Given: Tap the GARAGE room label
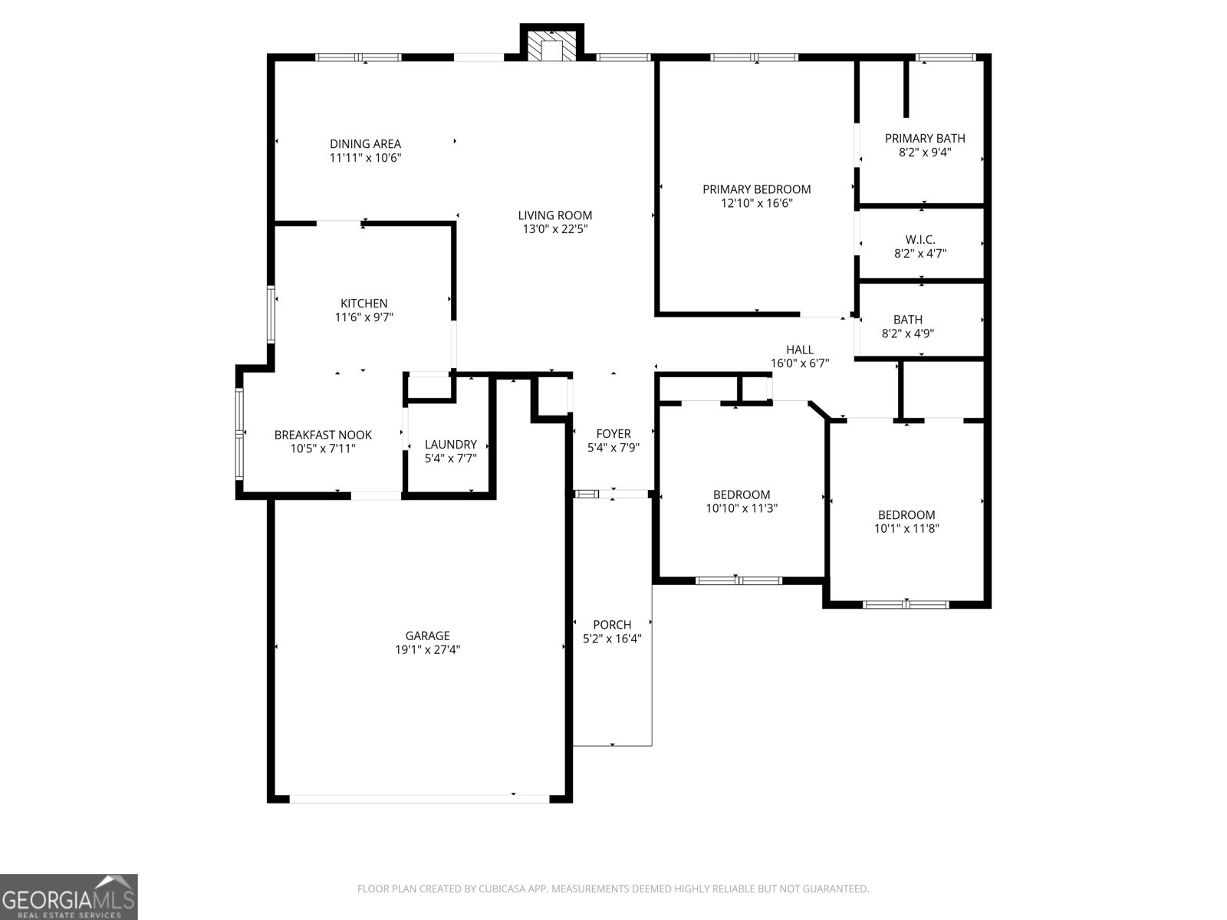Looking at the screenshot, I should tap(428, 636).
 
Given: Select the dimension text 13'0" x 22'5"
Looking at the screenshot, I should tap(554, 229).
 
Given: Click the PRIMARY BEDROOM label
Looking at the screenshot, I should tap(756, 189).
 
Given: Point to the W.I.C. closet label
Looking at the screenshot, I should tap(920, 240).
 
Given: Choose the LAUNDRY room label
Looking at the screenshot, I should tap(451, 445).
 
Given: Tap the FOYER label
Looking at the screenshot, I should tap(613, 434).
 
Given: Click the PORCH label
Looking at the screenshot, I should tap(612, 625).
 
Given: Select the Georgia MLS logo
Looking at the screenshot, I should tap(69, 896).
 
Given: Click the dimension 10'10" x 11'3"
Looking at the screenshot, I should tap(742, 508).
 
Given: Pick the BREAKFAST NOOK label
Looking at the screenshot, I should tap(323, 435).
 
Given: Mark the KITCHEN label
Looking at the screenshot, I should tap(364, 304).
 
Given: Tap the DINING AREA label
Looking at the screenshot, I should tap(365, 144).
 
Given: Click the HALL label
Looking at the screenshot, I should tap(800, 350).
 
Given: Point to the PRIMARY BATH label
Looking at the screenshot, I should tap(925, 139).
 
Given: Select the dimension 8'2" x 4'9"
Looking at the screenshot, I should tap(908, 333).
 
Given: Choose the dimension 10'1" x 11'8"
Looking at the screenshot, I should tap(906, 529).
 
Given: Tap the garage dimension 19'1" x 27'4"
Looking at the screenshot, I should tap(428, 649).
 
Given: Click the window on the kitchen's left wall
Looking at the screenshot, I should tap(271, 314).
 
